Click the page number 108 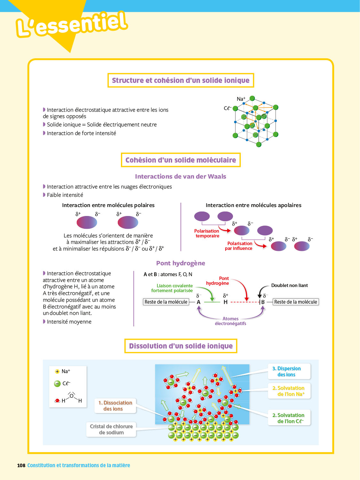[21, 465]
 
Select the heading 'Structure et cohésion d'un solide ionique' [180, 80]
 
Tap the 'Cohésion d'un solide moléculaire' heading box [180, 160]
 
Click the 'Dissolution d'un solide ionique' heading [181, 346]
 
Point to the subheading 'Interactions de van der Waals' [180, 176]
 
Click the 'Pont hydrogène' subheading [180, 263]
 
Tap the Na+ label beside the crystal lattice [241, 99]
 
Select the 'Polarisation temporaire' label [207, 233]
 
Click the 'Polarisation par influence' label [239, 246]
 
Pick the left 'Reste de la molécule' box [166, 302]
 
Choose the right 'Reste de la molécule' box [296, 302]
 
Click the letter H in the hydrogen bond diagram [226, 302]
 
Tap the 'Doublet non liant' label [289, 285]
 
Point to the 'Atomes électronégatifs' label [230, 321]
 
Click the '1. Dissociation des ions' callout [115, 406]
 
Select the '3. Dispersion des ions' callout [289, 372]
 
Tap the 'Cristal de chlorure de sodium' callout [111, 429]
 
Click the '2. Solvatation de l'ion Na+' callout [289, 391]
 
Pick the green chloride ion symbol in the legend [57, 383]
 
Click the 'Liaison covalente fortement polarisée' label [172, 288]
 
